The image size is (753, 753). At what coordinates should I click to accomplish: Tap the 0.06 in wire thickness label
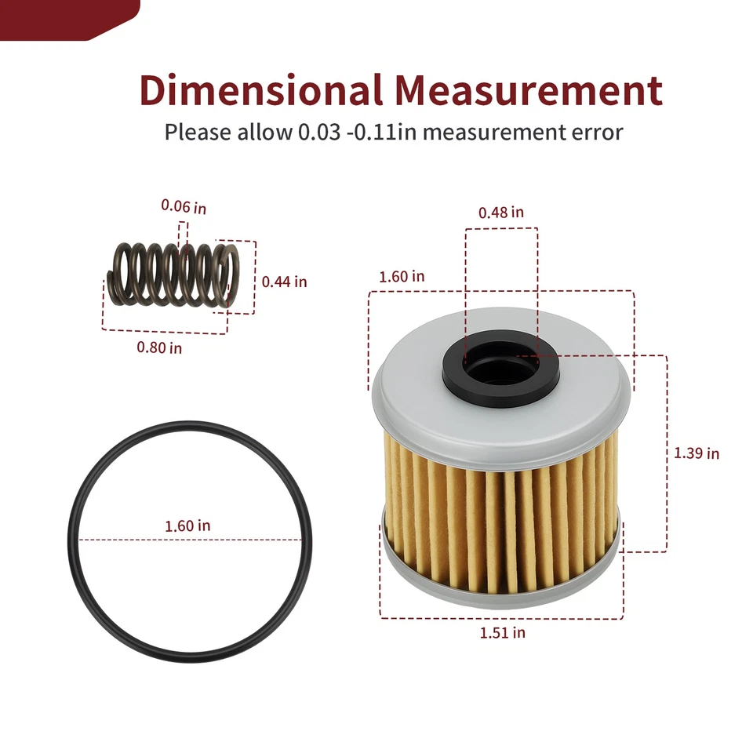[x=184, y=207]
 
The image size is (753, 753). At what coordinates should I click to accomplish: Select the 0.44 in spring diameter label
[x=284, y=282]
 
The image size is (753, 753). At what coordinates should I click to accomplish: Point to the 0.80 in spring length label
[x=159, y=347]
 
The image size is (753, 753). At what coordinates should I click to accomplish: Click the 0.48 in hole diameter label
[x=501, y=213]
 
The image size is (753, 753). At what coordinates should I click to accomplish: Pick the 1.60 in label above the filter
[x=402, y=277]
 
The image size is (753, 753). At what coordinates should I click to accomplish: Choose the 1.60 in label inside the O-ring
[x=187, y=526]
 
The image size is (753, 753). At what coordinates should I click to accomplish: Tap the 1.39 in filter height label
[x=697, y=453]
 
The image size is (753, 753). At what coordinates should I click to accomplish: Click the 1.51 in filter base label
[x=503, y=632]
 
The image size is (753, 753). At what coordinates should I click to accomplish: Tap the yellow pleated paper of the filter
[x=502, y=518]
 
